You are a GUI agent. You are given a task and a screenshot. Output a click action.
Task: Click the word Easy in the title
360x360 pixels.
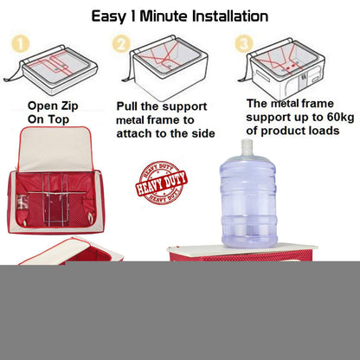108,16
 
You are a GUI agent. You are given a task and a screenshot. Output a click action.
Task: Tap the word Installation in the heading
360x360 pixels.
230,16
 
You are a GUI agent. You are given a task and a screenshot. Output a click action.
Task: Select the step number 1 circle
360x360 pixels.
21,44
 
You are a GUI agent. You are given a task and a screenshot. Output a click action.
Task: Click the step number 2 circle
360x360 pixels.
121,44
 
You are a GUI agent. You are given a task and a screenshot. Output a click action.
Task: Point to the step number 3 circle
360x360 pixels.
244,44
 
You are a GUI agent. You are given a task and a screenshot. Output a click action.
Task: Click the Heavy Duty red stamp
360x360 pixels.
162,183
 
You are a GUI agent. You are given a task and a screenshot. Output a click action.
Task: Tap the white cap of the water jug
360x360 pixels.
247,147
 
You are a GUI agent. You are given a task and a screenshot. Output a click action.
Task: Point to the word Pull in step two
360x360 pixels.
126,106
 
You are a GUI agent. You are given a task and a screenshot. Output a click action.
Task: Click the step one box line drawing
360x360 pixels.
51,74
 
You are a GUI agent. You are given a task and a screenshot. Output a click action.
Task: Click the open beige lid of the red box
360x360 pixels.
55,149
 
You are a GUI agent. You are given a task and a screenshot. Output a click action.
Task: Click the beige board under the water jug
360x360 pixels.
243,248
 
